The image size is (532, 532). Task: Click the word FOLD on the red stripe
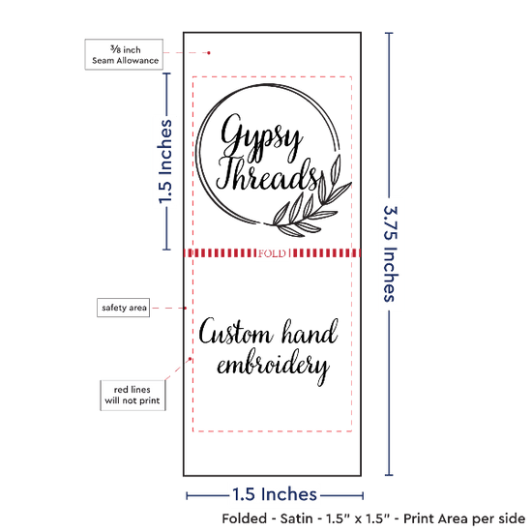pyautogui.click(x=272, y=253)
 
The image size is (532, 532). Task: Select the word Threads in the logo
pyautogui.click(x=268, y=174)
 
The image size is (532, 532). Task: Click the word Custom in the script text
pyautogui.click(x=236, y=332)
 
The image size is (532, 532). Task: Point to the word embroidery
pyautogui.click(x=273, y=367)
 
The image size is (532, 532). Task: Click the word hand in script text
pyautogui.click(x=310, y=332)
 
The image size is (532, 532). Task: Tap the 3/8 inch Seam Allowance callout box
pyautogui.click(x=124, y=54)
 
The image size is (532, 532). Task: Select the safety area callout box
pyautogui.click(x=124, y=308)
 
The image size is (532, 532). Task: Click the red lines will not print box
pyautogui.click(x=133, y=396)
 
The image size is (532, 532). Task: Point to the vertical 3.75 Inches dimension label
pyautogui.click(x=390, y=253)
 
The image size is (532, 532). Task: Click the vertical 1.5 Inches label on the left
pyautogui.click(x=165, y=162)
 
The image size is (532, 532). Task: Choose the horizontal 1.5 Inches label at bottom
pyautogui.click(x=275, y=494)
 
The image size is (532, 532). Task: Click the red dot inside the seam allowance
pyautogui.click(x=209, y=53)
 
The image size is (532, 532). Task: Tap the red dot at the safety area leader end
pyautogui.click(x=186, y=308)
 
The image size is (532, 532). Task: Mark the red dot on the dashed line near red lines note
pyautogui.click(x=190, y=359)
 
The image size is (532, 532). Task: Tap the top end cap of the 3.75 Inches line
pyautogui.click(x=389, y=33)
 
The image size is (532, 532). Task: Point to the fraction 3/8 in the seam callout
pyautogui.click(x=115, y=49)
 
